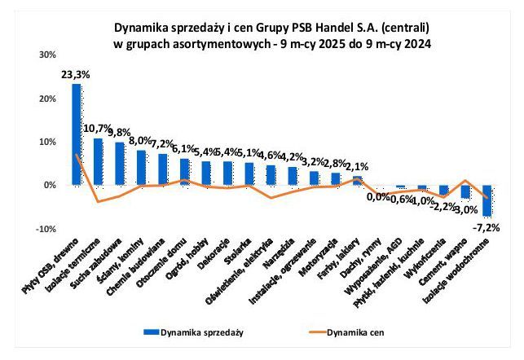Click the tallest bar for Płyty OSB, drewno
pyautogui.click(x=77, y=134)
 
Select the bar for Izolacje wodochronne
pyautogui.click(x=487, y=200)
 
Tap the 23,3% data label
pyautogui.click(x=76, y=74)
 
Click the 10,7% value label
pyautogui.click(x=97, y=129)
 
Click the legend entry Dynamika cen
pyautogui.click(x=353, y=332)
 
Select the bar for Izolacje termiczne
pyautogui.click(x=98, y=162)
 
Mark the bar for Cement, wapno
pyautogui.click(x=466, y=191)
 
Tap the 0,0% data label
pyautogui.click(x=377, y=196)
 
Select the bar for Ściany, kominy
pyautogui.click(x=141, y=168)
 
